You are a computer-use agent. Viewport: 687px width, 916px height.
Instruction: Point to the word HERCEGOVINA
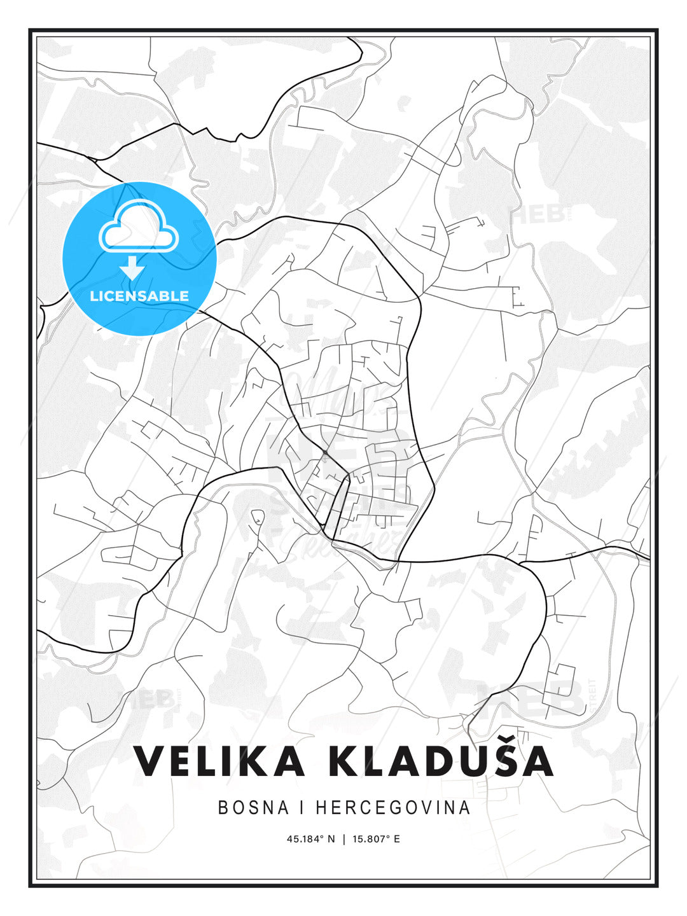point(392,808)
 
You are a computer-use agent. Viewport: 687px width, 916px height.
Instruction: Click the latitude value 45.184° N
point(310,839)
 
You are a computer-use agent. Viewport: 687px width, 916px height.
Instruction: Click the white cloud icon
point(137,227)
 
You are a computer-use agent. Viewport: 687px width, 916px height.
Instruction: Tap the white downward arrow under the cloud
point(132,268)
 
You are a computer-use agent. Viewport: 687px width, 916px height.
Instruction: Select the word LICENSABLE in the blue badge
point(139,296)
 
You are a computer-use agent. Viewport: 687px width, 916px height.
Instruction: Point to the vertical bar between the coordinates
point(343,839)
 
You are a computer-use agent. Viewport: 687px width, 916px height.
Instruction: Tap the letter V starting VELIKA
point(148,761)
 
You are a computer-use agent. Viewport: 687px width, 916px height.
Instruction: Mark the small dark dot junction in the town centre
point(325,452)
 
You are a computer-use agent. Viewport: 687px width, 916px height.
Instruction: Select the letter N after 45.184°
point(331,839)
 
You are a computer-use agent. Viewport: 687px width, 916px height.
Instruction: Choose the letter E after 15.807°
point(396,839)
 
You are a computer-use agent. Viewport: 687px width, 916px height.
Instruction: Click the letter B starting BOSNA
point(223,808)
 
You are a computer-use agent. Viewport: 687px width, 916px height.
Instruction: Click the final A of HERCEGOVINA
point(465,808)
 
